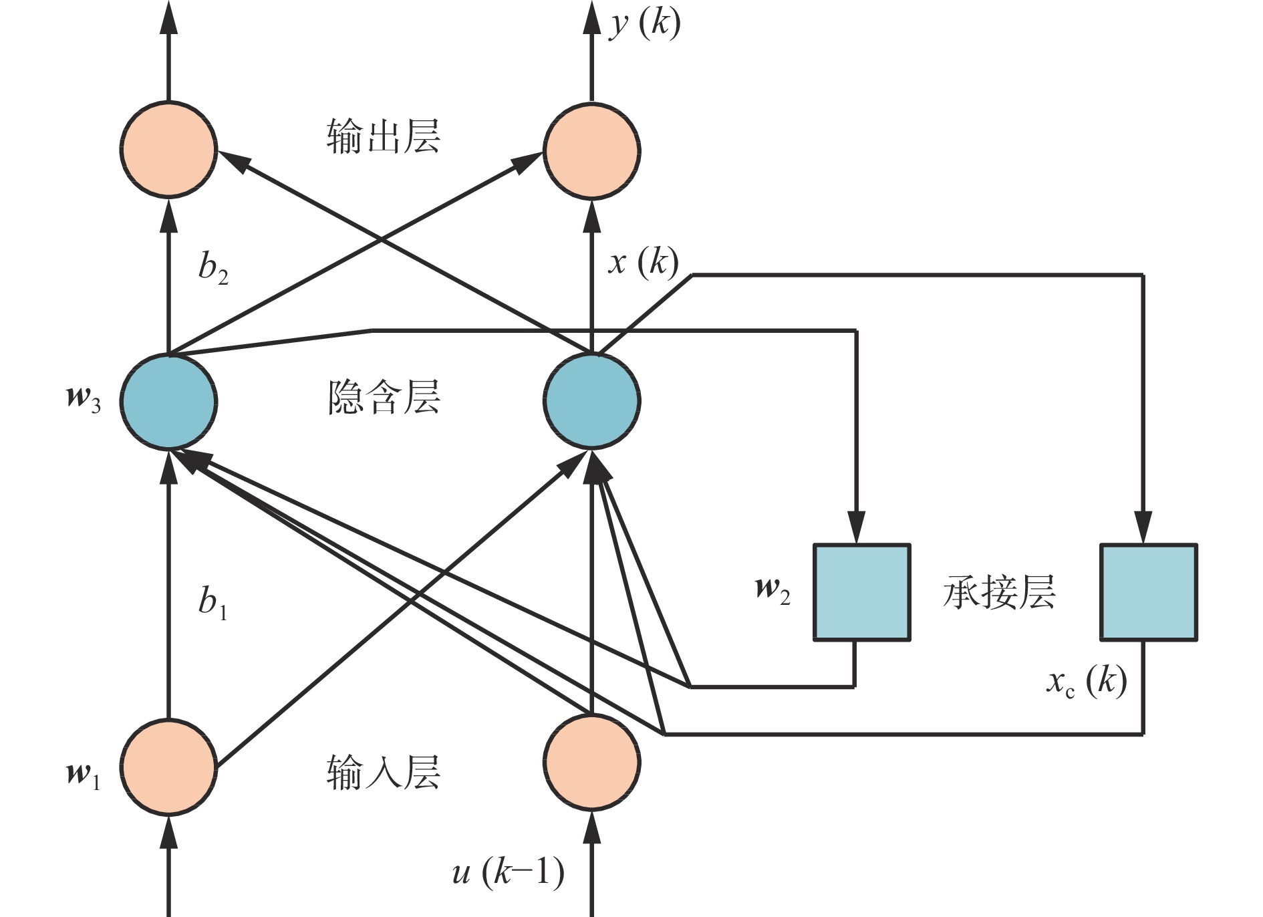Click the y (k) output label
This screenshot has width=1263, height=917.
point(644,25)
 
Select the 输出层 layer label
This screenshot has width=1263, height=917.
point(384,137)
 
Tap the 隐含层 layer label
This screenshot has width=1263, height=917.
point(384,398)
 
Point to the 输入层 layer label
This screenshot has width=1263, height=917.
point(384,773)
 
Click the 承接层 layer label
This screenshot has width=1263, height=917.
point(999,592)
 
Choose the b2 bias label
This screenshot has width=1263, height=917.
point(213,267)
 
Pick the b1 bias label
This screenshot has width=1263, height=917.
point(213,602)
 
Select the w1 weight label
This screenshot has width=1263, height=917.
point(84,775)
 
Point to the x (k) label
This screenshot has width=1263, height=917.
point(643,262)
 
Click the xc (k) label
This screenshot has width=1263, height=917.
point(1087,682)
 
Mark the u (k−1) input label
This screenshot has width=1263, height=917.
point(508,872)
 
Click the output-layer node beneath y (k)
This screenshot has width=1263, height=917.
point(592,150)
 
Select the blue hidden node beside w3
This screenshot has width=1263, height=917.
point(168,401)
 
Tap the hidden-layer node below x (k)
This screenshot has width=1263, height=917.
point(592,401)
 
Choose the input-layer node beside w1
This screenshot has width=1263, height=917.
point(168,767)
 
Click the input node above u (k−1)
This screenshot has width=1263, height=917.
point(592,763)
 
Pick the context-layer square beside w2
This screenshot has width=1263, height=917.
point(861,592)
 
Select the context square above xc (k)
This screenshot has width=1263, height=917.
point(1148,592)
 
